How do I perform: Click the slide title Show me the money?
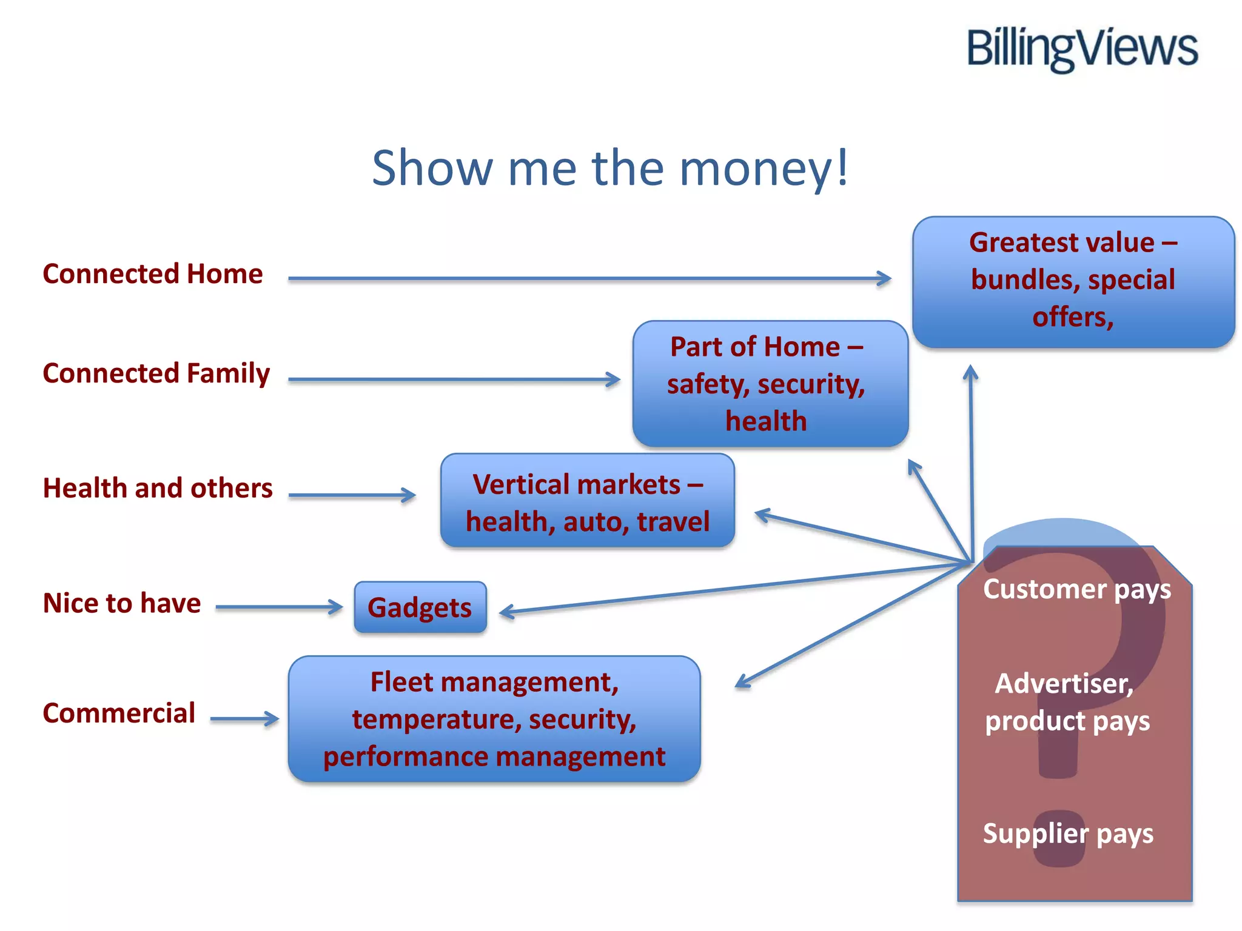point(610,168)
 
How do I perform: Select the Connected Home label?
point(153,274)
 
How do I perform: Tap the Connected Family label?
point(156,373)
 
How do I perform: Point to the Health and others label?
point(158,488)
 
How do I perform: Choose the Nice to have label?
point(122,603)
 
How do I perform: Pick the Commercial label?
point(119,713)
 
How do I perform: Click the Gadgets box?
point(420,607)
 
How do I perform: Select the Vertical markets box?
point(587,501)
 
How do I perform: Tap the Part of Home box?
point(770,384)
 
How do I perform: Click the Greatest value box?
point(1073,281)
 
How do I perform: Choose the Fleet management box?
point(494,719)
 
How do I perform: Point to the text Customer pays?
point(1077,589)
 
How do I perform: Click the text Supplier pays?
point(1068,833)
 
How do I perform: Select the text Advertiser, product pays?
point(1067,702)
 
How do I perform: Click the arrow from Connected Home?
point(588,279)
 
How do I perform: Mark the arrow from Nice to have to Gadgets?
point(279,607)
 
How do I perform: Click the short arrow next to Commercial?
point(244,719)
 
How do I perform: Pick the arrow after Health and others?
point(352,495)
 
